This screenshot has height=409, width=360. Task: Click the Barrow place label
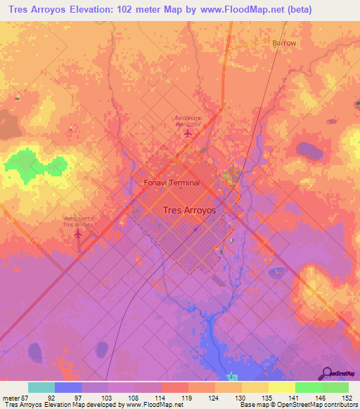(x=284, y=43)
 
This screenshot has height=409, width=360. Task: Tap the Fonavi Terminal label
(x=172, y=183)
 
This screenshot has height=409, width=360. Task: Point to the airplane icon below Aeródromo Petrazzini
(x=187, y=133)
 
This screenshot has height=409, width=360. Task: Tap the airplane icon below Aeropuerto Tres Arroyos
(x=78, y=234)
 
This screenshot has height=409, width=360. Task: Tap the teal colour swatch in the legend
(x=41, y=387)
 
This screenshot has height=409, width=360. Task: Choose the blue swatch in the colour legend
(x=68, y=387)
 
